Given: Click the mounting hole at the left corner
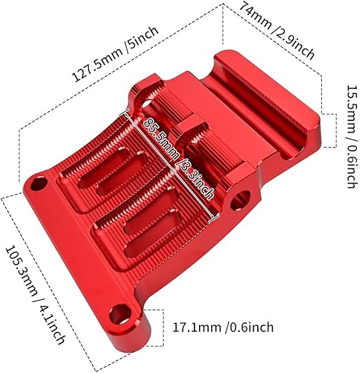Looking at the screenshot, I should pos(40,183).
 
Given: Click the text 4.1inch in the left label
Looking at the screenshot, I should pos(43,307).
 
